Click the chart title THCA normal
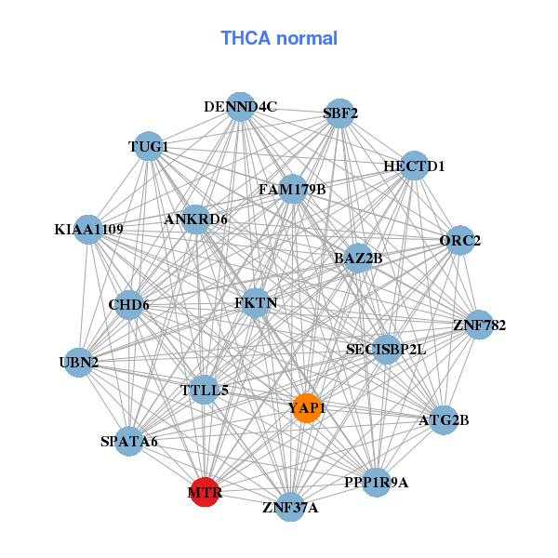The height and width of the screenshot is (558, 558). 279,38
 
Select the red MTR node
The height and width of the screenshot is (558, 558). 205,493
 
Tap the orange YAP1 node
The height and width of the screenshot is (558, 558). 306,407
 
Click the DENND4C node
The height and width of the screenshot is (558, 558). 241,107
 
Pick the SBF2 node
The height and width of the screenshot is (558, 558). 340,113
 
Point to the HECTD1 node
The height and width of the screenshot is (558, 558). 414,166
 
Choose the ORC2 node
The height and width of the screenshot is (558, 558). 460,241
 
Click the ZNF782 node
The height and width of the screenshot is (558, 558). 479,325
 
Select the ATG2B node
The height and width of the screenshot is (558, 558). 445,420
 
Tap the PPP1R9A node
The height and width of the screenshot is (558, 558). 376,482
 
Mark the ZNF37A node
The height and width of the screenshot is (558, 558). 290,507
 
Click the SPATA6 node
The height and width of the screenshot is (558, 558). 129,441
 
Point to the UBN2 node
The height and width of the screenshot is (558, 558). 79,362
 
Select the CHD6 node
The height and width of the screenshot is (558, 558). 128,304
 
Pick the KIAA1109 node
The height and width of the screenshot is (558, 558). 88,229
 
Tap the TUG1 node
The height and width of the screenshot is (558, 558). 149,147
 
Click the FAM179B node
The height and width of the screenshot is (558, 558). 292,190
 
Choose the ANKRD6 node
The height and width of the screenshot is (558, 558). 196,219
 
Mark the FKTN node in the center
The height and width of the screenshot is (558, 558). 256,303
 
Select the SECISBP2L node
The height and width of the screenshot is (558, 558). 385,350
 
